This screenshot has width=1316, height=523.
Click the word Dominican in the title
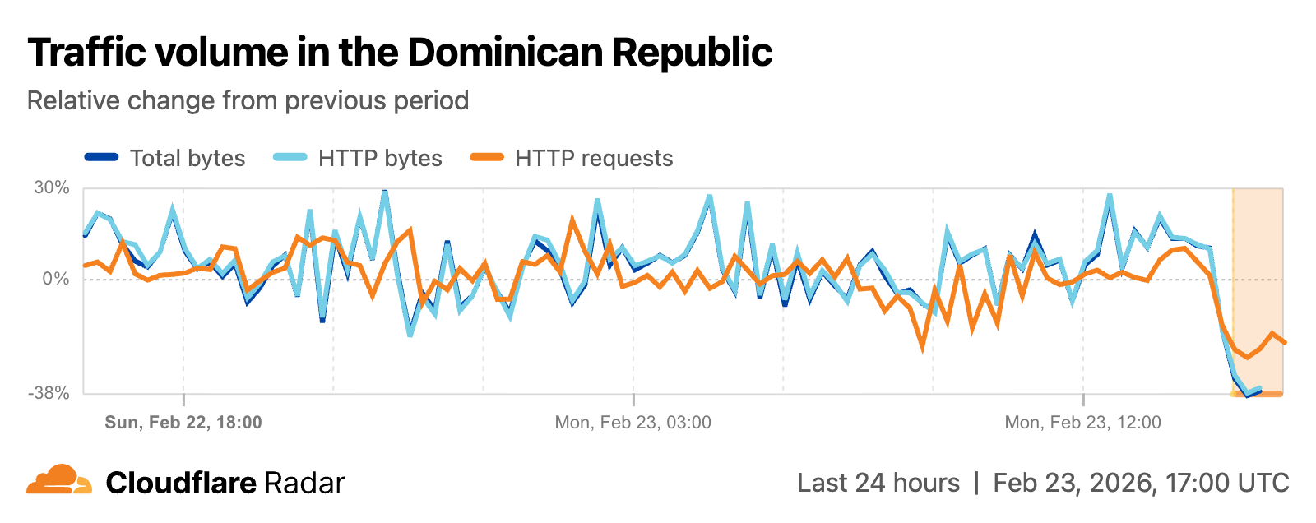click(x=506, y=52)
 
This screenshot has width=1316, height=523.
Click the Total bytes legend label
click(x=188, y=158)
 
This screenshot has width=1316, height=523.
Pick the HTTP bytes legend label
click(x=380, y=158)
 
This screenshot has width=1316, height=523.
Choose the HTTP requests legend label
click(x=594, y=158)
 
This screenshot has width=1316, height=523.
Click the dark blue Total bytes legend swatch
click(x=102, y=157)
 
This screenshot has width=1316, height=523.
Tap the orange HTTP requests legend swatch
click(x=486, y=157)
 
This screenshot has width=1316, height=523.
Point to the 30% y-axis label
click(x=52, y=187)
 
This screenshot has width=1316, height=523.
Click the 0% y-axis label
click(x=56, y=279)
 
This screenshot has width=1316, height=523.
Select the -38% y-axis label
click(x=49, y=393)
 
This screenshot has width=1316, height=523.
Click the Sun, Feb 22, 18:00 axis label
click(x=183, y=423)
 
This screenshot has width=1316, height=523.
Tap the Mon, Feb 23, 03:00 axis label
click(x=633, y=423)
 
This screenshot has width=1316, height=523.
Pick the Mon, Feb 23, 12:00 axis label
click(x=1083, y=423)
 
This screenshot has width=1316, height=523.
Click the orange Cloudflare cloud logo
click(x=59, y=480)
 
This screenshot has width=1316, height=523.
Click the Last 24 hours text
click(x=878, y=483)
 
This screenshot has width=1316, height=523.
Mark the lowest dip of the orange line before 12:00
click(x=922, y=349)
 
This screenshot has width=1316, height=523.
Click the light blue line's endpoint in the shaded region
click(x=1259, y=388)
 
